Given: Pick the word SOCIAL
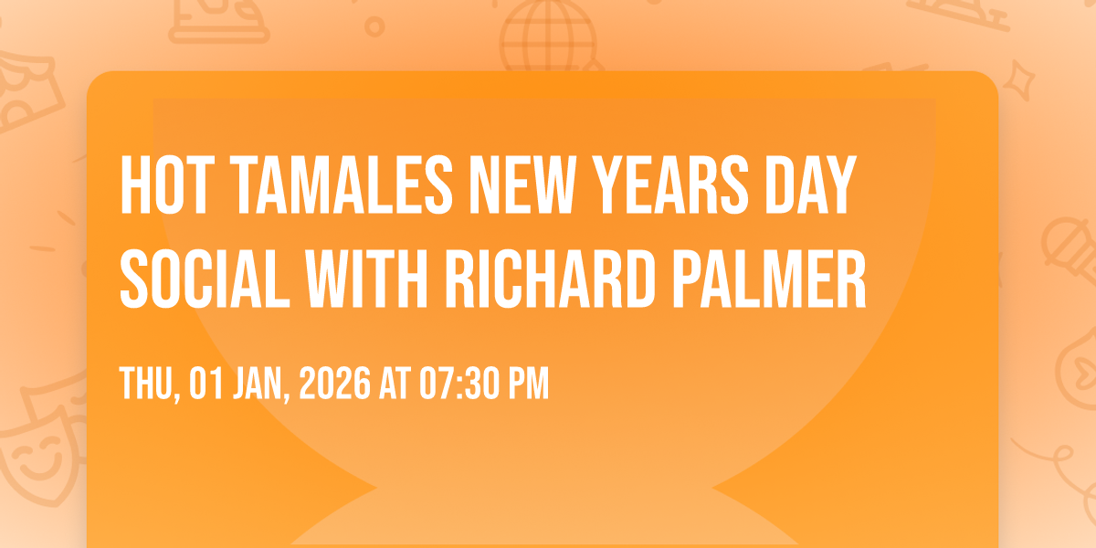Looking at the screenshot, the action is coord(205,279).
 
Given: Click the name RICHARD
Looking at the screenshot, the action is coord(550,279).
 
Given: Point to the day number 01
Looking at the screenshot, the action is coord(206,384).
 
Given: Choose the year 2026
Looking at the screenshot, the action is coord(334,384).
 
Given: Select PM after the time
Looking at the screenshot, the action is coord(529,384).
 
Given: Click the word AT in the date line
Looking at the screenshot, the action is coord(395,384).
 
